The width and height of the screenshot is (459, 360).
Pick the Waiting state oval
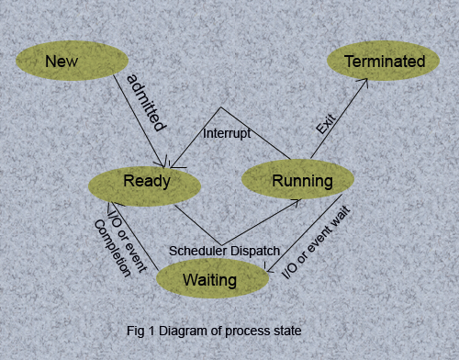(x=210, y=278)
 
